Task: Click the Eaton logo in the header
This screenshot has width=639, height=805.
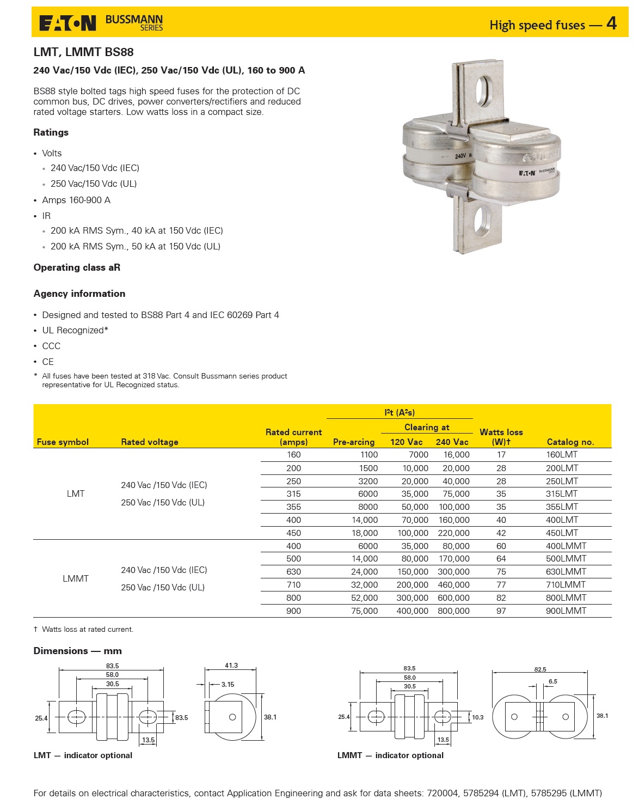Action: pos(67,23)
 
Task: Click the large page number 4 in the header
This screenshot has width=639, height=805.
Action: pos(611,23)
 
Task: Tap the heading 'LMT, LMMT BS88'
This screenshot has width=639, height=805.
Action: pos(83,52)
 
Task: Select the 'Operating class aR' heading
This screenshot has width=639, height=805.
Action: pos(77,267)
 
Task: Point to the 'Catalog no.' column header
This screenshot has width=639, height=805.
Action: pos(570,442)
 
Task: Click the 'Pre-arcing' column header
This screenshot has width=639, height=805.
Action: pos(353,442)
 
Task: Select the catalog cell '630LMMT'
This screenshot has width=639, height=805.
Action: pos(566,571)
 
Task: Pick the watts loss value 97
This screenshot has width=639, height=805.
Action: pos(501,611)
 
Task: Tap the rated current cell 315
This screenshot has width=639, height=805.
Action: pos(293,493)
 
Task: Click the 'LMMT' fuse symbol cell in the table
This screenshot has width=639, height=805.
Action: pos(76,578)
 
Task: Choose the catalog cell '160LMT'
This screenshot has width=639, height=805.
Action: pos(562,454)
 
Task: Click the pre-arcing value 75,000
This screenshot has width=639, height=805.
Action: pos(364,611)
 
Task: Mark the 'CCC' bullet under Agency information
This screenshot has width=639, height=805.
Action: pos(51,346)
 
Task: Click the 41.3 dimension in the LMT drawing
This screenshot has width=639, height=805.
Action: pos(231,666)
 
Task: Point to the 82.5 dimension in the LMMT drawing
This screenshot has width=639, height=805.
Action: pos(540,669)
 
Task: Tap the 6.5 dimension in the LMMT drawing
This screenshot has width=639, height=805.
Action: pos(552,681)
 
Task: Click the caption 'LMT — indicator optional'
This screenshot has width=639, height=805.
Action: pos(83,755)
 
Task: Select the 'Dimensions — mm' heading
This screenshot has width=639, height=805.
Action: pos(77,651)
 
